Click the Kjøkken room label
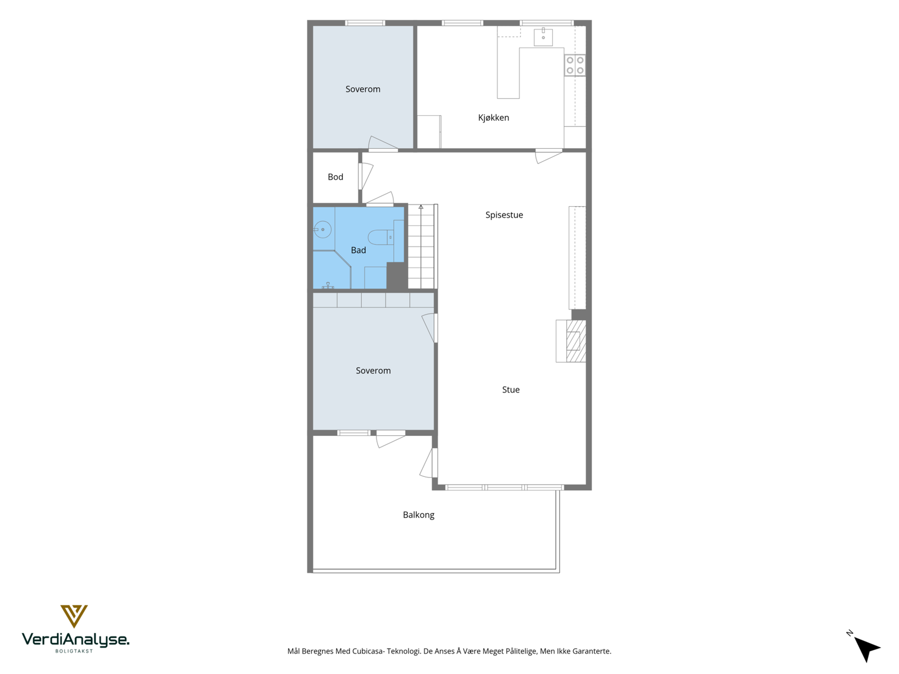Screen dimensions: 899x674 tap(493, 118)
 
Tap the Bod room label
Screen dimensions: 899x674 tap(335, 177)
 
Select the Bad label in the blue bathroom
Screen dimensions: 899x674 tap(358, 250)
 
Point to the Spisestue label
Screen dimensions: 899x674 tap(504, 215)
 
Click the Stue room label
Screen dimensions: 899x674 tap(511, 390)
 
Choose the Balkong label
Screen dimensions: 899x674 tap(418, 515)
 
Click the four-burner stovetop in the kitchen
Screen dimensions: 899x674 tap(575, 65)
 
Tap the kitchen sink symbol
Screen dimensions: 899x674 tap(543, 37)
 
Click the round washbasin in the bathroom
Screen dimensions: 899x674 tap(323, 230)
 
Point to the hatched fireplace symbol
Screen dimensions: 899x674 tap(576, 341)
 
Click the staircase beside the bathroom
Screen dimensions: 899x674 tap(423, 247)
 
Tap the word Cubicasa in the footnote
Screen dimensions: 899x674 tap(368, 651)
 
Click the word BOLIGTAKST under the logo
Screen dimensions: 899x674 tap(74, 651)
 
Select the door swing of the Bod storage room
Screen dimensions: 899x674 tap(366, 176)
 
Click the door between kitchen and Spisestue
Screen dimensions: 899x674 tap(549, 156)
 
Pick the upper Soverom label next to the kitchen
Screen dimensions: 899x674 tap(362, 89)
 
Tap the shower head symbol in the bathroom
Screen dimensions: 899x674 tap(328, 285)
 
